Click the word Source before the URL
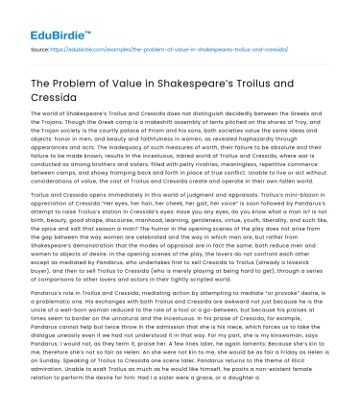(x=40, y=46)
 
